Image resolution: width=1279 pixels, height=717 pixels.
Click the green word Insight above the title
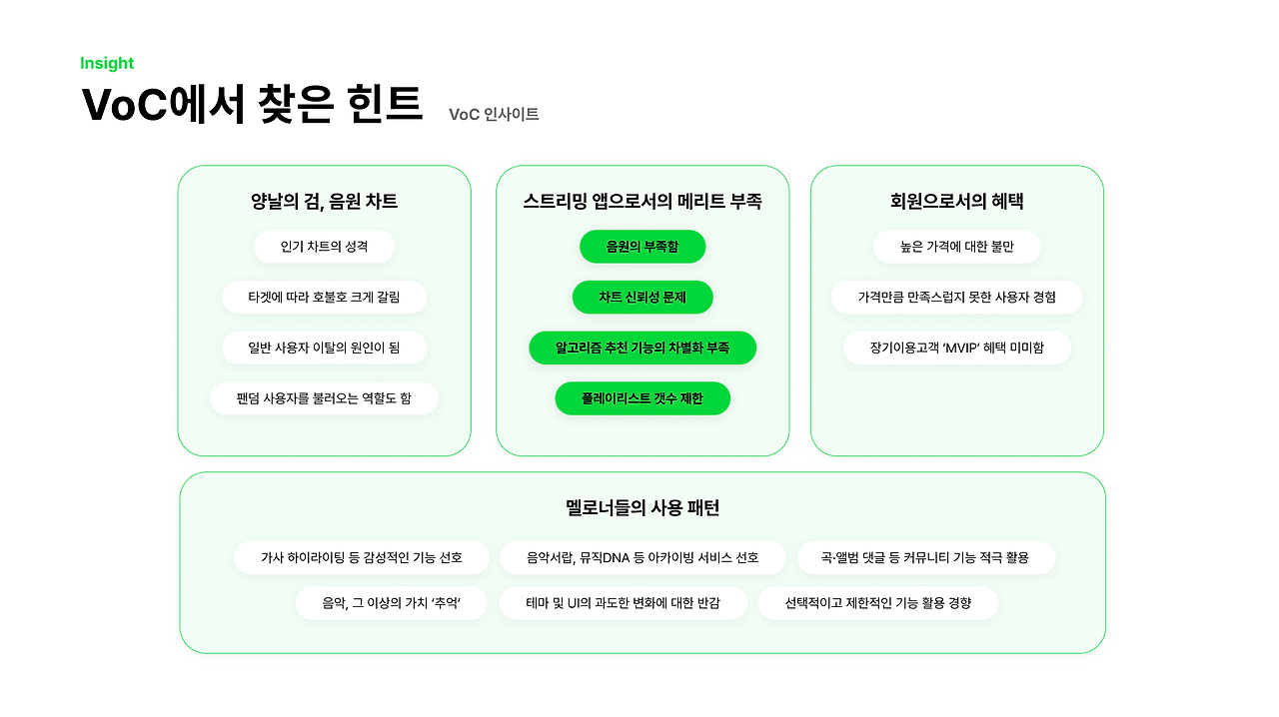pyautogui.click(x=107, y=64)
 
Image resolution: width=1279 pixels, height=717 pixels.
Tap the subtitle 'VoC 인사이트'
pyautogui.click(x=494, y=115)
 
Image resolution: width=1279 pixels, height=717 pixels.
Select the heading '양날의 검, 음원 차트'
pyautogui.click(x=324, y=202)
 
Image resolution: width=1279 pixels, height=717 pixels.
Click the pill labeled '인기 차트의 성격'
pyautogui.click(x=324, y=247)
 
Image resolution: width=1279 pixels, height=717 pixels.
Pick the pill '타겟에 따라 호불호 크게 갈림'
pyautogui.click(x=324, y=298)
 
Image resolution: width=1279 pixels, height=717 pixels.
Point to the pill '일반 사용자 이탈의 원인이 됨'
pyautogui.click(x=324, y=348)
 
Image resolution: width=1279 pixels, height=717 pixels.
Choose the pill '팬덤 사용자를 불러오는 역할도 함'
pyautogui.click(x=324, y=398)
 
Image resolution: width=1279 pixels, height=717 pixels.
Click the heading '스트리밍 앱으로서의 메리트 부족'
pyautogui.click(x=642, y=202)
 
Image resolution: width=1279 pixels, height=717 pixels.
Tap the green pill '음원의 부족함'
pyautogui.click(x=642, y=247)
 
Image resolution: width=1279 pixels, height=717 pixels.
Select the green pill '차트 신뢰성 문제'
pyautogui.click(x=642, y=298)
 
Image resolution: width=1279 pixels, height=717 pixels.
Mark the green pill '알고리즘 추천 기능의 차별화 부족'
pyautogui.click(x=642, y=348)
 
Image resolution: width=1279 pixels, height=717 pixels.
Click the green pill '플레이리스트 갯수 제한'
pyautogui.click(x=642, y=398)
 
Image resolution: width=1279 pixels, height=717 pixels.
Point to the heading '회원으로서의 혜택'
pyautogui.click(x=956, y=202)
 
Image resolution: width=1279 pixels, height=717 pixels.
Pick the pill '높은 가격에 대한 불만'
pyautogui.click(x=956, y=247)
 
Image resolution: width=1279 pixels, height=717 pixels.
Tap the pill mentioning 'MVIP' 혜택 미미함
pyautogui.click(x=956, y=348)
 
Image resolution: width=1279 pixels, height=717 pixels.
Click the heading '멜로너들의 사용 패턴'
pyautogui.click(x=642, y=508)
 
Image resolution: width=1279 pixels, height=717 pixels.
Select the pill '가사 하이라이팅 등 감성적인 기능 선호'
pyautogui.click(x=362, y=557)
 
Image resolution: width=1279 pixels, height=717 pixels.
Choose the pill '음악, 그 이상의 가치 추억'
pyautogui.click(x=391, y=603)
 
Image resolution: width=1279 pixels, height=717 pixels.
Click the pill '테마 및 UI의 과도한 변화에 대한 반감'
pyautogui.click(x=623, y=603)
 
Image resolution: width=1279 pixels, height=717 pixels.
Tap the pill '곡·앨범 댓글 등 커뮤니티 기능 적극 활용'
pyautogui.click(x=925, y=557)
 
